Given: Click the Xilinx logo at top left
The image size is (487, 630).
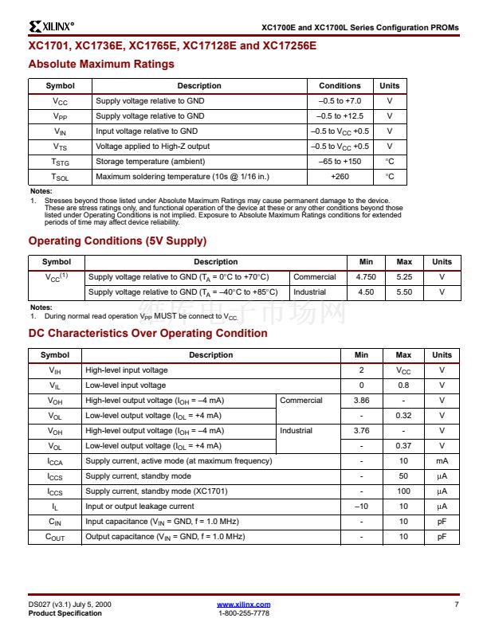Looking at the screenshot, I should [51, 27].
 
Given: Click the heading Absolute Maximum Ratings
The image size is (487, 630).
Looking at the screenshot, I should [101, 64].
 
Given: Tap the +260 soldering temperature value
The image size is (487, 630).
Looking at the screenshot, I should [340, 177].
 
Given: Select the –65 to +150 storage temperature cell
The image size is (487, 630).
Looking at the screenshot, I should [340, 162].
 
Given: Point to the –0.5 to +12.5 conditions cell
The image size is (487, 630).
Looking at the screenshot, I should [340, 116].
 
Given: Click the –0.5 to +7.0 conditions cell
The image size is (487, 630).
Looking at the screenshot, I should [340, 101].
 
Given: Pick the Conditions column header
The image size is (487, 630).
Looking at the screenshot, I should [340, 86].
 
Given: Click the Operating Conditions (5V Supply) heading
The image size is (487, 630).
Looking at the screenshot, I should [117, 241].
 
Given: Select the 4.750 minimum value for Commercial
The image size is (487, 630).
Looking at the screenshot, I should [366, 277].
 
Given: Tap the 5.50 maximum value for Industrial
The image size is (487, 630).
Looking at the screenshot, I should [404, 292].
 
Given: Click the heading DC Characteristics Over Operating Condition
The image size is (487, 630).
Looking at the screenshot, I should [147, 333].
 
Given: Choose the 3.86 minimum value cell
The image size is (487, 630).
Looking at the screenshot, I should [361, 401].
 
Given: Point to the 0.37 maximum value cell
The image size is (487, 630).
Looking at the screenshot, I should [403, 446].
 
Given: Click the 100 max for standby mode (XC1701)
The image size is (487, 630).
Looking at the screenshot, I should [403, 491].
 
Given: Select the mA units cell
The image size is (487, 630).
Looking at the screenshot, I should [442, 461].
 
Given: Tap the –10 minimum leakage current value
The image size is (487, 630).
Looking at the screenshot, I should [361, 507].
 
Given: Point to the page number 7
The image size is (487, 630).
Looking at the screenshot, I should [457, 605].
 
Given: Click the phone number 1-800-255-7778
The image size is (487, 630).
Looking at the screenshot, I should [243, 613].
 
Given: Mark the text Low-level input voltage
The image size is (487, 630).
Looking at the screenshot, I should [126, 385].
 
